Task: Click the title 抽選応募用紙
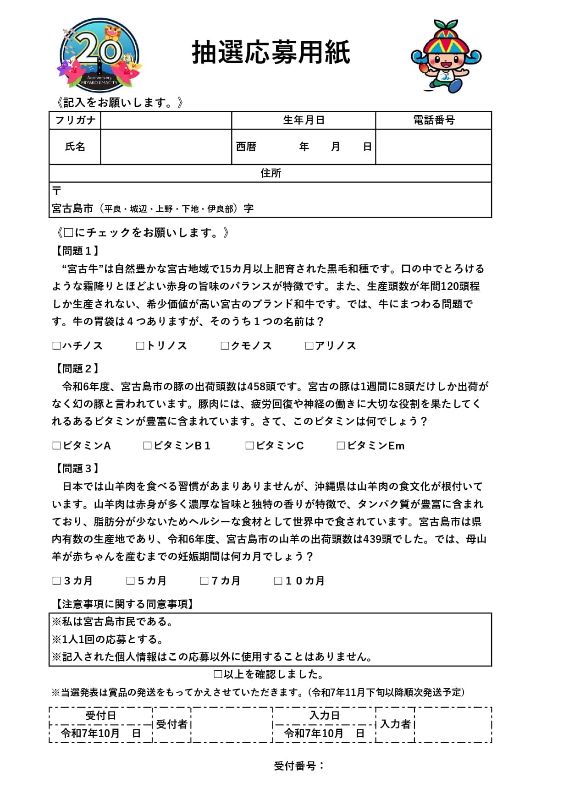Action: tap(271, 52)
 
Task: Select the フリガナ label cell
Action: tap(75, 120)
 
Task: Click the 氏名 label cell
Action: tap(75, 147)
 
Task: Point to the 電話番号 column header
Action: tap(433, 120)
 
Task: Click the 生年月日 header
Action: tap(304, 120)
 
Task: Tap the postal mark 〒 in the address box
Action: tap(57, 191)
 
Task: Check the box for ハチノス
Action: tap(57, 346)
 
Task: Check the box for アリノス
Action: tap(309, 346)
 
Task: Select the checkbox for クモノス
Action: tap(225, 346)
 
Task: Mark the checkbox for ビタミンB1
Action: tap(147, 446)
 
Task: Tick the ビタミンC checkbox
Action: tap(249, 446)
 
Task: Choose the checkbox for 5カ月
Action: tap(131, 581)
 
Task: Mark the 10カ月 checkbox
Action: tap(278, 581)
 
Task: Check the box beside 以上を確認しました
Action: tap(218, 674)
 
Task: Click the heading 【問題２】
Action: tap(77, 369)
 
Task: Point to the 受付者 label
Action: tap(171, 724)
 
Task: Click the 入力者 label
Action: tap(395, 724)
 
